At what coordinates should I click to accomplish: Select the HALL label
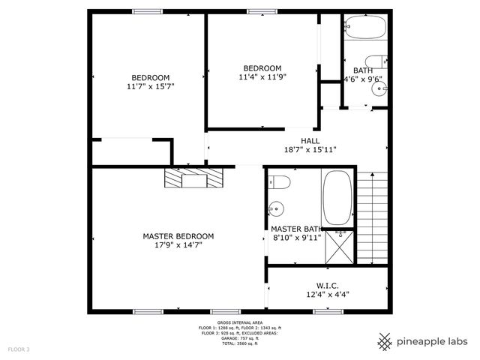pyautogui.click(x=310, y=141)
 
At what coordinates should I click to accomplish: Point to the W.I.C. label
pyautogui.click(x=328, y=285)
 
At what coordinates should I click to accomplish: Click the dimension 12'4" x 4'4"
pyautogui.click(x=328, y=294)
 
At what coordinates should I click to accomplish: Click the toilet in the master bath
pyautogui.click(x=280, y=181)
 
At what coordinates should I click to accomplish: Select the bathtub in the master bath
pyautogui.click(x=336, y=196)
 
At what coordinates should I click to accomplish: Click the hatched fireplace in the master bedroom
pyautogui.click(x=194, y=178)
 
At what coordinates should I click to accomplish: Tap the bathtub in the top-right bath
pyautogui.click(x=366, y=28)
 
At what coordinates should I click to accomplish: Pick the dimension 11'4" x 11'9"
pyautogui.click(x=263, y=76)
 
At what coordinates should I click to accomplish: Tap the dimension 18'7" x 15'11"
pyautogui.click(x=309, y=150)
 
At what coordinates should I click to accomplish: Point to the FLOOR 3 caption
pyautogui.click(x=19, y=349)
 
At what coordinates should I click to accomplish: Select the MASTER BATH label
pyautogui.click(x=296, y=229)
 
